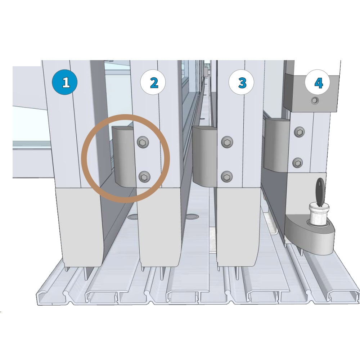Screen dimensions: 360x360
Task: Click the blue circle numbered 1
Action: point(65,82)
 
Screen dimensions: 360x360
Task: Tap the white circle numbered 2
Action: point(153,82)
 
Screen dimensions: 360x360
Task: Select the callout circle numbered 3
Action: point(241,82)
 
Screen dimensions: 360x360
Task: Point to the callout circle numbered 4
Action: point(318,82)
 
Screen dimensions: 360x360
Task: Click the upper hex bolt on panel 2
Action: point(143,142)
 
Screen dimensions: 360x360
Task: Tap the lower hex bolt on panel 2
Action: point(145,177)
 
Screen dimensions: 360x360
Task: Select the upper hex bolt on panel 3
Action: point(227,141)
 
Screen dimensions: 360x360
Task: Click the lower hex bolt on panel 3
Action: point(227,176)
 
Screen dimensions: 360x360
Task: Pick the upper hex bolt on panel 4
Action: point(300,132)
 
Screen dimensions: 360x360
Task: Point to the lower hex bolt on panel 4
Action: point(298,163)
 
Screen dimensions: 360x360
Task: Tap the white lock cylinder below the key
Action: point(319,214)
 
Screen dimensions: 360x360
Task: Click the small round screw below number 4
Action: point(315,100)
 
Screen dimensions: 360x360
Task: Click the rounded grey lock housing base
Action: point(310,234)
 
